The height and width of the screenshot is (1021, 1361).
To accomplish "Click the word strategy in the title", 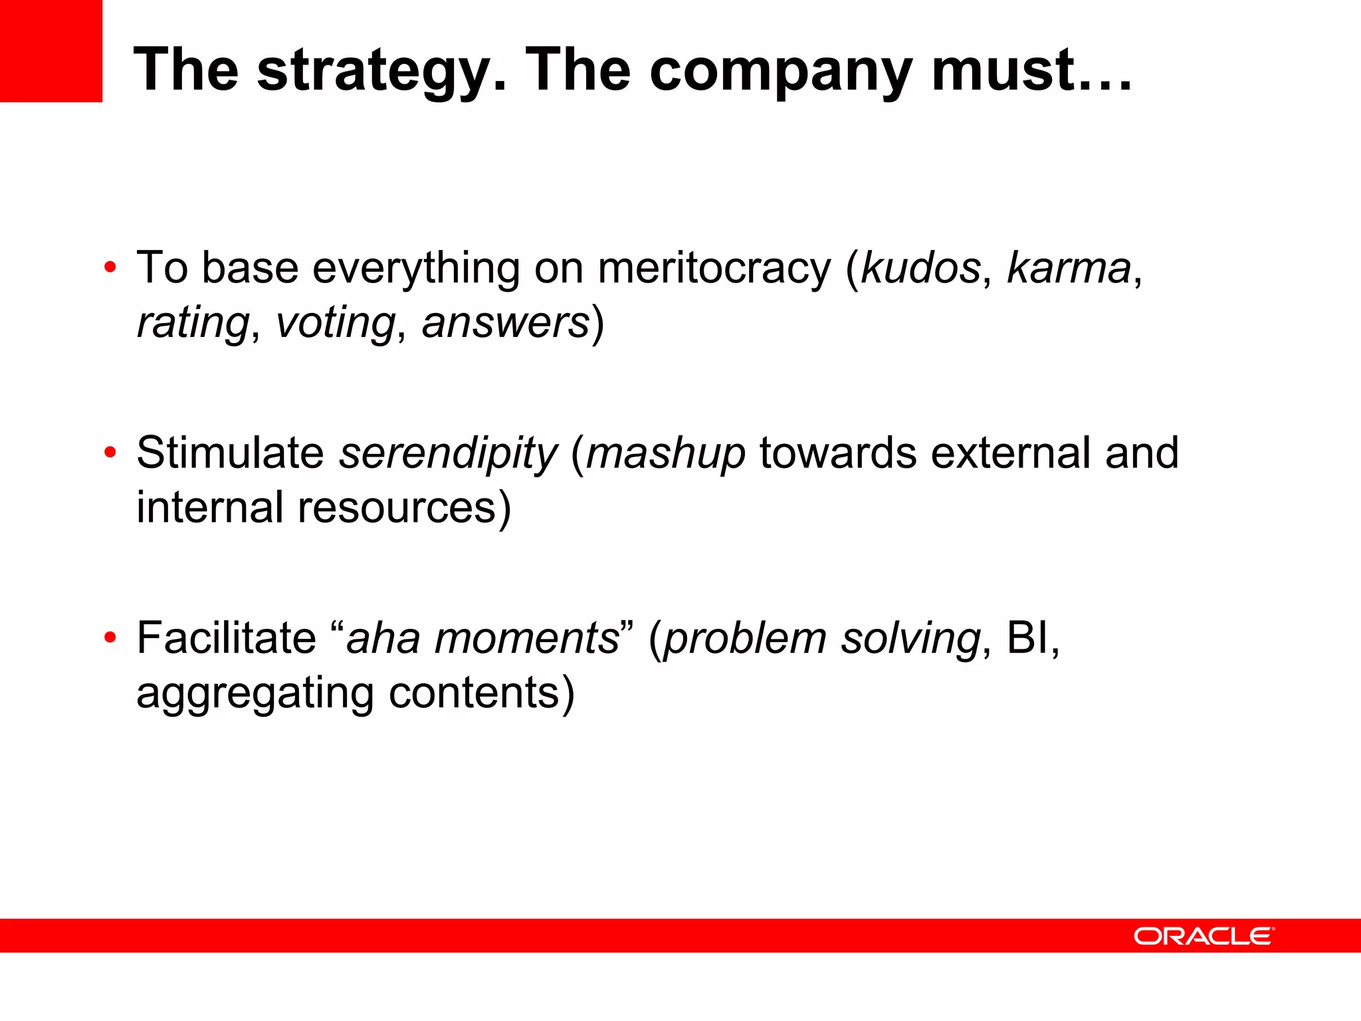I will coord(382,71).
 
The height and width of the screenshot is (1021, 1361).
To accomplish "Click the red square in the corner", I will coord(51,51).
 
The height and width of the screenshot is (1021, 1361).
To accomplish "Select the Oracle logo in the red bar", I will coord(1204,936).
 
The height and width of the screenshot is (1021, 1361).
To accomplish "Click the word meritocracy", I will coord(714,268).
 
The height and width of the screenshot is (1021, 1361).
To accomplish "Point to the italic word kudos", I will coord(921,268).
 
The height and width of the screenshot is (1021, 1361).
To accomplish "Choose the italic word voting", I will coord(336,323).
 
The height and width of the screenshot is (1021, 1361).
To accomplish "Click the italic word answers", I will coord(506,323).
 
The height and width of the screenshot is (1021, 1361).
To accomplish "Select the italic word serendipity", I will coord(449,454).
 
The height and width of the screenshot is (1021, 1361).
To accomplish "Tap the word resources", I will coord(397,507).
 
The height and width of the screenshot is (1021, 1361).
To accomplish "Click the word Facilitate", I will coord(227,637).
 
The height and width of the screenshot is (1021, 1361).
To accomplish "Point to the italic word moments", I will coord(526,638).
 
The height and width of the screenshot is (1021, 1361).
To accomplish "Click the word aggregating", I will coord(255,694).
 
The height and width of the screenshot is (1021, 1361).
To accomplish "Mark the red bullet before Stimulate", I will coord(110,453).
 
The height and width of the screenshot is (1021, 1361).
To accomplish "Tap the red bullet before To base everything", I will coord(110,268).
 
